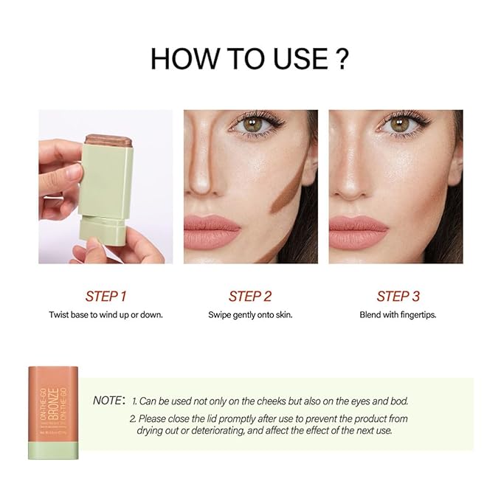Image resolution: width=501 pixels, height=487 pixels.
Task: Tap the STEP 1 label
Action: (x=106, y=296)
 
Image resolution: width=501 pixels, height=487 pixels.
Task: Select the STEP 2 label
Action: (x=250, y=296)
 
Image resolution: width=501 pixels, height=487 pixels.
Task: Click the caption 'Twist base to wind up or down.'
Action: (x=106, y=314)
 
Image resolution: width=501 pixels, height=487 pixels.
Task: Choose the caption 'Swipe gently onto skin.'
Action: (x=250, y=314)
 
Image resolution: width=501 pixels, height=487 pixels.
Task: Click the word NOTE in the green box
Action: (x=108, y=401)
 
